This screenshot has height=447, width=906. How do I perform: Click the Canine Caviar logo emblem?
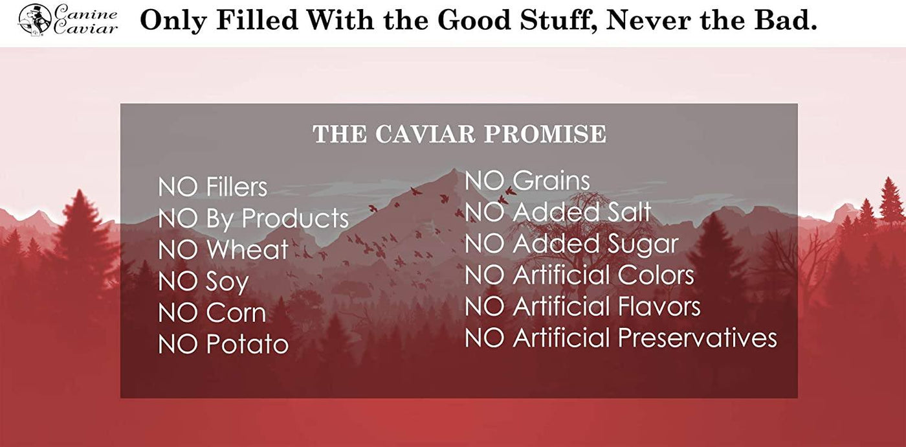35,20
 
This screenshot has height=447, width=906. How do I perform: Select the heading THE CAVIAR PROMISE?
459,134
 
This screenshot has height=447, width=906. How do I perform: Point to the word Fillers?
237,187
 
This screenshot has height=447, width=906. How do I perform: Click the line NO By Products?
253,219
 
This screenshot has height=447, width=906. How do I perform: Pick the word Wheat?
247,249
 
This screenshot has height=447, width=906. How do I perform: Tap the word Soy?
227,282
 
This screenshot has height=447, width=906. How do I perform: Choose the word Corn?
236,312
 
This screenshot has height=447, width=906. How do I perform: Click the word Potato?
247,344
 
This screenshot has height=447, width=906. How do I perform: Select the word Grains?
551,180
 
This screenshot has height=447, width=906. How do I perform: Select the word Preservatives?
698,338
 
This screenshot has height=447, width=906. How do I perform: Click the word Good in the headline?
474,19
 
